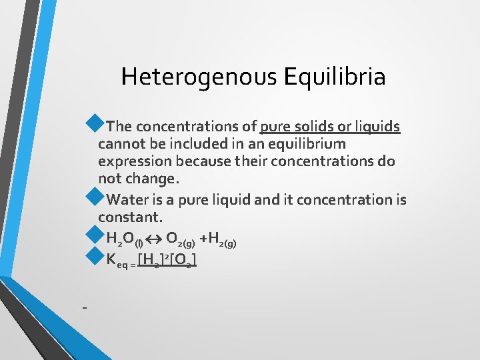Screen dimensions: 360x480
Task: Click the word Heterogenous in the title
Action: [x=199, y=77]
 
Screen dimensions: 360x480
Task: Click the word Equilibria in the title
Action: [x=334, y=77]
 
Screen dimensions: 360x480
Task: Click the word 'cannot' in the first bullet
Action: [x=120, y=144]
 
